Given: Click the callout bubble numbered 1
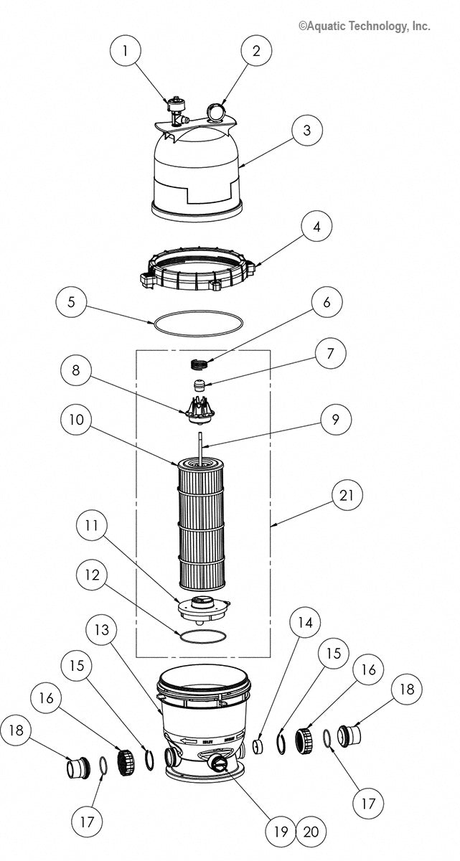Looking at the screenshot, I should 126,50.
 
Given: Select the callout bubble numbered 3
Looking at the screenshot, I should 306,131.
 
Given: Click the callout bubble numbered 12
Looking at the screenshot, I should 95,575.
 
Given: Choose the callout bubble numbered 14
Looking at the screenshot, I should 306,622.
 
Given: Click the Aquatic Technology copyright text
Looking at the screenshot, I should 364,26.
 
